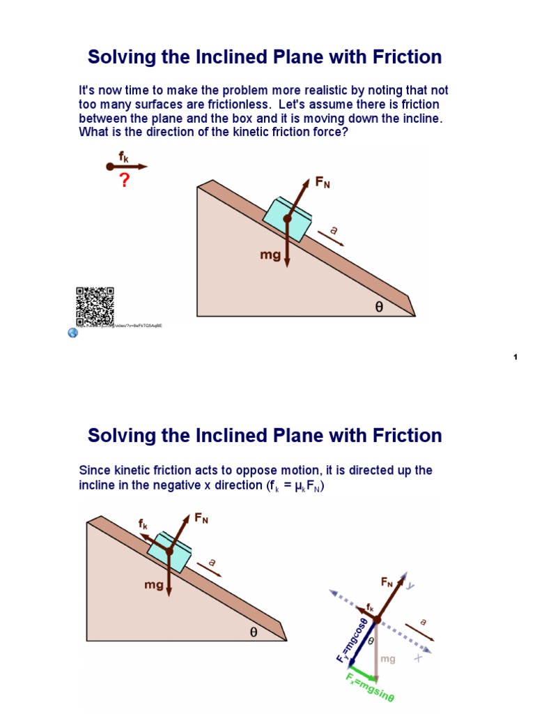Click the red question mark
click(125, 181)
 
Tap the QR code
click(94, 306)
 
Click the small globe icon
click(72, 333)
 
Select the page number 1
click(515, 358)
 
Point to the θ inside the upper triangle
click(379, 305)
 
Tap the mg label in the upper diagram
click(270, 255)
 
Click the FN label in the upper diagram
click(323, 183)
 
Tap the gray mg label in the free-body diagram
click(387, 658)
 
